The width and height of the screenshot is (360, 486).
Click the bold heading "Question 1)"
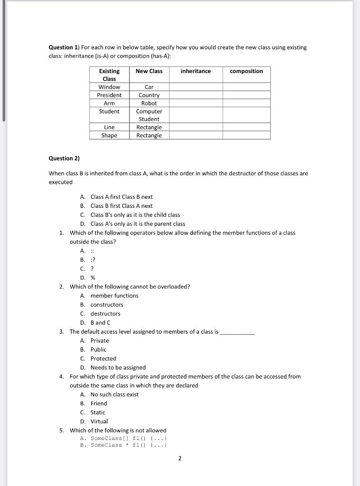point(64,47)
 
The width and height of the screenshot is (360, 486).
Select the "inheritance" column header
point(196,71)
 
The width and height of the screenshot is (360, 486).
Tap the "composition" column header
point(246,71)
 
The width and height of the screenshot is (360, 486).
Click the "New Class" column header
point(149,71)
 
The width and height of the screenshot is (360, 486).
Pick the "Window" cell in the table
point(109,87)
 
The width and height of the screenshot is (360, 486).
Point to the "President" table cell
point(109,95)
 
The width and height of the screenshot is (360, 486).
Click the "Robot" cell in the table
point(149,103)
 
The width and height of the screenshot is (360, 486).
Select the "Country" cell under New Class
point(149,95)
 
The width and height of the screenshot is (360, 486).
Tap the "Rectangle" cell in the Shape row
point(149,136)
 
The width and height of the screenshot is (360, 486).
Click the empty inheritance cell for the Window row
point(196,87)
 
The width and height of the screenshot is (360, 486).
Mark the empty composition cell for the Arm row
point(246,103)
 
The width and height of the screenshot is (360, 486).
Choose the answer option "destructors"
point(105,314)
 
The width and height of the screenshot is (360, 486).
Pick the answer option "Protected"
point(103,359)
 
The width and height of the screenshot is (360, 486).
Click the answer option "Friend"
point(99,403)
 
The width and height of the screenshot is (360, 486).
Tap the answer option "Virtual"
point(99,421)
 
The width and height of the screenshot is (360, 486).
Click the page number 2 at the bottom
point(180,458)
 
